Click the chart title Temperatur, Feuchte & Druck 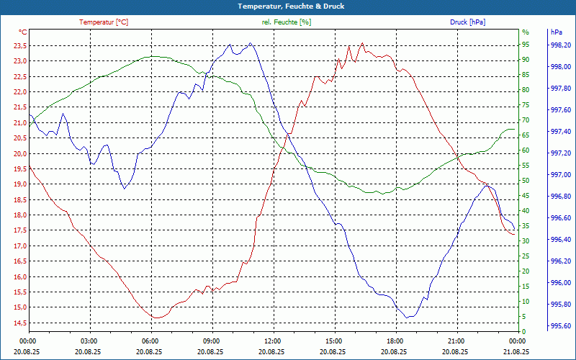288,6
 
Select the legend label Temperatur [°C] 104,22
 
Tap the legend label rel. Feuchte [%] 287,22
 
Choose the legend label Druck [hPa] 467,22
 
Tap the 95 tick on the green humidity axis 526,45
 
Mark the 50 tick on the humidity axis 526,181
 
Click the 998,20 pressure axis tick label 561,45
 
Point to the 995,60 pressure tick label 561,326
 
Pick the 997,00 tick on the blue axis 561,174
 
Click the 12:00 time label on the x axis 272,341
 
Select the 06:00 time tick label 150,341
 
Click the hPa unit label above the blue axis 556,32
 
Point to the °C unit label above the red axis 22,32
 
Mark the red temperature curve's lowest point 156,318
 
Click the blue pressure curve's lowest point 408,317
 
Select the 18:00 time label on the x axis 395,341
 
